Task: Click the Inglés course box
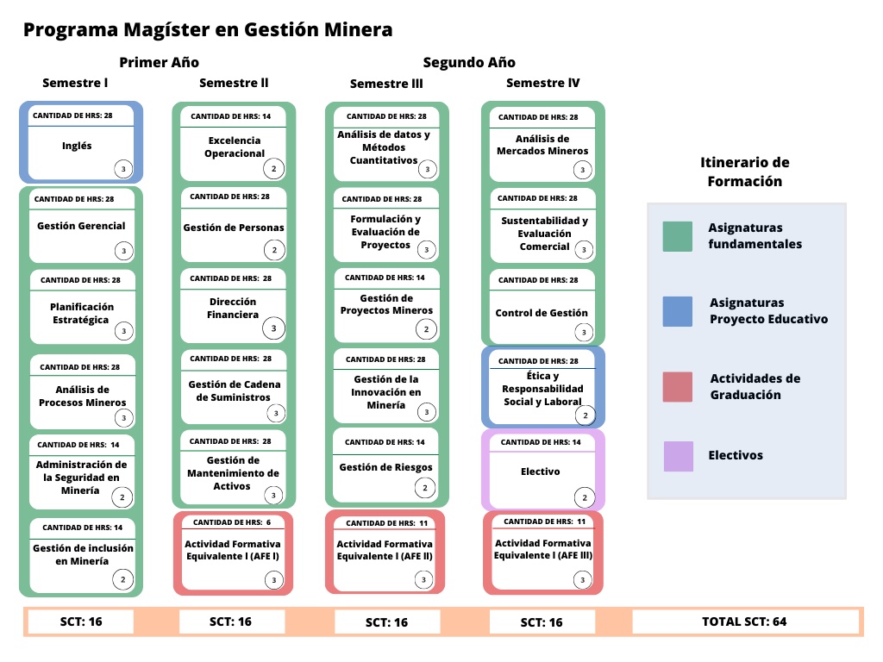[81, 142]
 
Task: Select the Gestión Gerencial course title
[81, 226]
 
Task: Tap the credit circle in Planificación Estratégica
[123, 331]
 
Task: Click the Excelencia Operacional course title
[235, 147]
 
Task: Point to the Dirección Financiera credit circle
[274, 328]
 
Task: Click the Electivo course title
[541, 472]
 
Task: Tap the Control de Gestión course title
[542, 313]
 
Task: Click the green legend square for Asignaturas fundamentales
[678, 236]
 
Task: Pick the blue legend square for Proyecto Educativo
[678, 311]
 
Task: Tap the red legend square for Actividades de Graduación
[678, 387]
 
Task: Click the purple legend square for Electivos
[678, 456]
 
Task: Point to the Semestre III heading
[386, 84]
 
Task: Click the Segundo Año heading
[469, 62]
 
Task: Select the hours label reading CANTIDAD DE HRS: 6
[232, 522]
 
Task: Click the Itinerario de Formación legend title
[745, 172]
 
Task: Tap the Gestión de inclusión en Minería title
[83, 554]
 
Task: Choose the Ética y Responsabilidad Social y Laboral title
[543, 389]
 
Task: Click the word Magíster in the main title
[173, 29]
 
